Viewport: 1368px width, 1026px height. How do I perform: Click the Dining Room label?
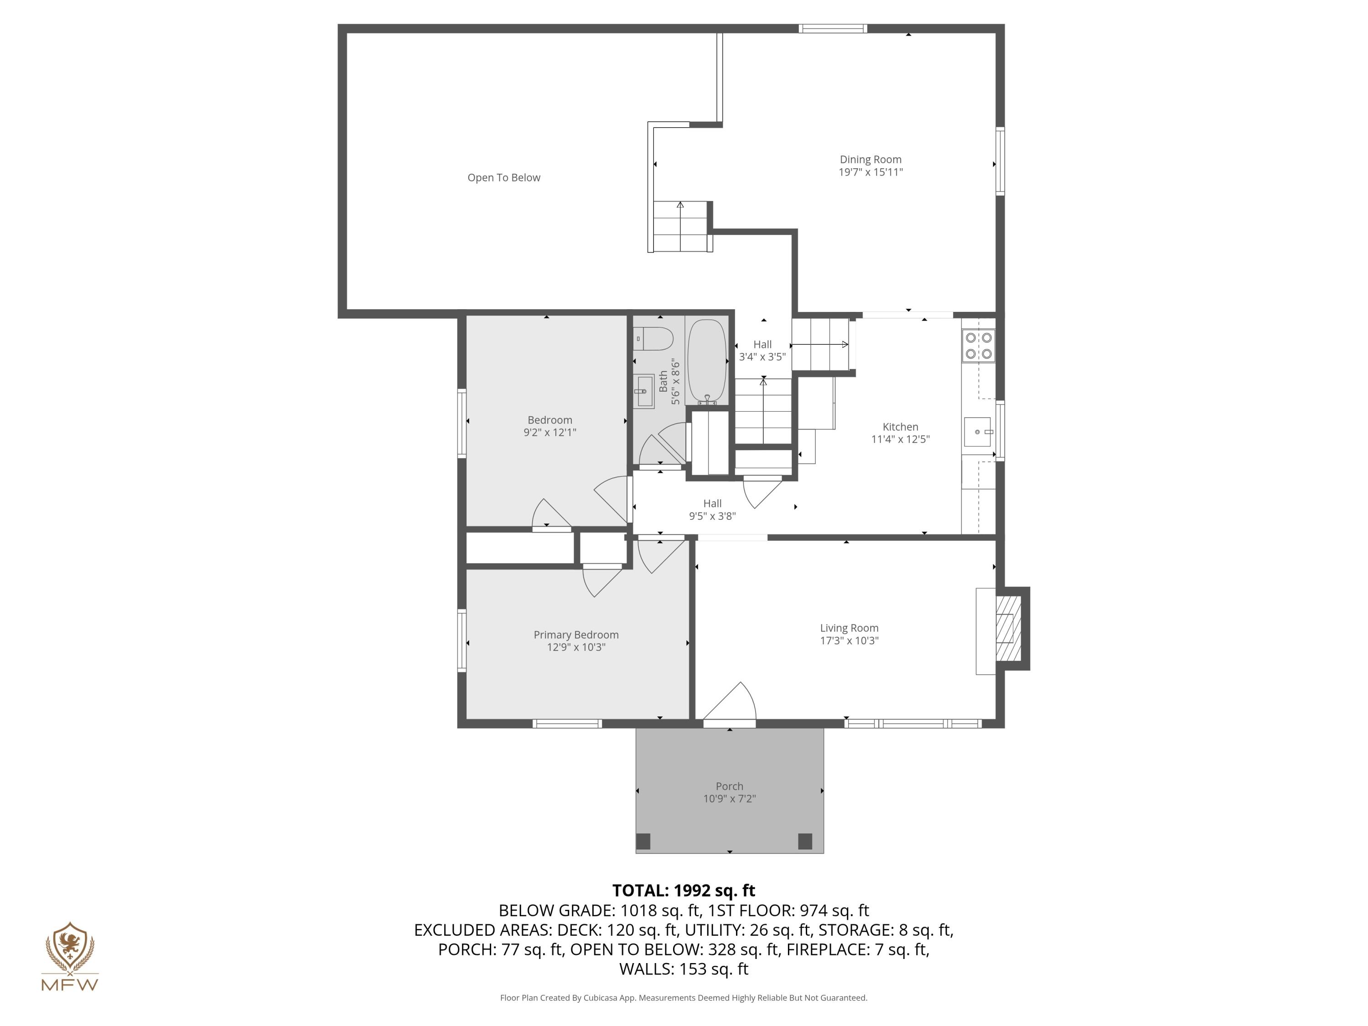[870, 160]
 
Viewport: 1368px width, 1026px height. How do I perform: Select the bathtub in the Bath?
[706, 361]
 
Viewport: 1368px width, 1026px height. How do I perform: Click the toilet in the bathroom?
[654, 339]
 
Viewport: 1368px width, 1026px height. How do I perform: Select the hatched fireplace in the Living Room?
[1008, 628]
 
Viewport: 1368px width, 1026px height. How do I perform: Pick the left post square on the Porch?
[643, 841]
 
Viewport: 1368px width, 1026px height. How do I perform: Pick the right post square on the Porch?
[804, 841]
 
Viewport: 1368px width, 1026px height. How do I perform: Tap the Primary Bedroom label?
[576, 635]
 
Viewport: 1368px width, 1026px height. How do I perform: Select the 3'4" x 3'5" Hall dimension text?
[762, 357]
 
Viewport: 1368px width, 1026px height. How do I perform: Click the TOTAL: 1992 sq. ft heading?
[684, 891]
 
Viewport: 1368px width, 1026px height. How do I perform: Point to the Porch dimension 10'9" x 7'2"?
[729, 799]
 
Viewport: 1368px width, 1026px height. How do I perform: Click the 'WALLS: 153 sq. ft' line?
[684, 969]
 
